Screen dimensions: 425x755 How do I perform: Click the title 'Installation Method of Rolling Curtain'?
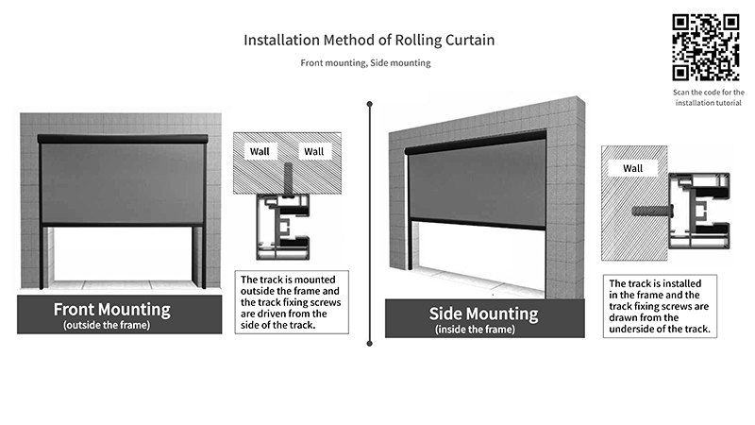(369, 41)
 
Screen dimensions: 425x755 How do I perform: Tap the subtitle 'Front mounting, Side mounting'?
(365, 62)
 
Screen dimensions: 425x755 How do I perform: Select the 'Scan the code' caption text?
(709, 97)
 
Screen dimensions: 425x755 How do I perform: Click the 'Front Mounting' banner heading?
(112, 309)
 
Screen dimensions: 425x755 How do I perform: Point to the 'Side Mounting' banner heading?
(483, 314)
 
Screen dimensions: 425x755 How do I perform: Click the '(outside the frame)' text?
(112, 325)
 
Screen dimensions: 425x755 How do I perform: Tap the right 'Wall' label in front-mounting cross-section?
(312, 151)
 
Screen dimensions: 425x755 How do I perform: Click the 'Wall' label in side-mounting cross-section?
(633, 168)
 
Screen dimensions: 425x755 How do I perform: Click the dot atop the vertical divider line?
(370, 103)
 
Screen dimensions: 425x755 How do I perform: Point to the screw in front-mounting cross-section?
(288, 178)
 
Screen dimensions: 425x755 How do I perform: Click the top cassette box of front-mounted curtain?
(123, 139)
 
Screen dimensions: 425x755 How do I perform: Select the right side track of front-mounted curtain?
(199, 255)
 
